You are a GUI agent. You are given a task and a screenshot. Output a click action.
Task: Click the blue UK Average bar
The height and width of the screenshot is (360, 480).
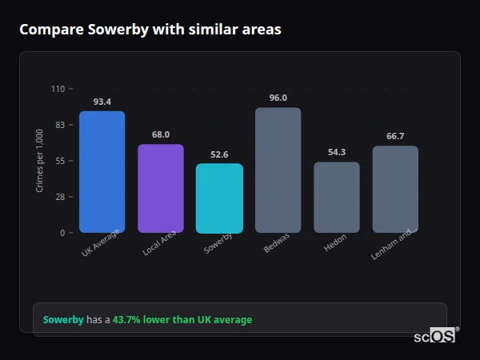coord(102,172)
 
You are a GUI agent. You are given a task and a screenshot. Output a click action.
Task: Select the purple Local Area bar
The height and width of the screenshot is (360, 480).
coord(161,189)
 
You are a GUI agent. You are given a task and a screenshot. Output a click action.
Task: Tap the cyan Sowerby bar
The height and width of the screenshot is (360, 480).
coord(219,198)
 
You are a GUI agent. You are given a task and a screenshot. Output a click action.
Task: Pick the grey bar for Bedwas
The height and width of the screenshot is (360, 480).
coord(278,170)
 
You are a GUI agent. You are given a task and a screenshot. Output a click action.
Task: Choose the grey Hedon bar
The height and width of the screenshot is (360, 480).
coord(337,198)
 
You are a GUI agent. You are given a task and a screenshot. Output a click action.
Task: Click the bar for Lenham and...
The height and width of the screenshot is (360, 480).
coord(395,190)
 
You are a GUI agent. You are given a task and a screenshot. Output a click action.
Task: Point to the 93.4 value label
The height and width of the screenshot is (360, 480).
coord(102,102)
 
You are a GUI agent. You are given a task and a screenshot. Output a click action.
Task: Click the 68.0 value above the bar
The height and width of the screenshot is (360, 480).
coord(161,135)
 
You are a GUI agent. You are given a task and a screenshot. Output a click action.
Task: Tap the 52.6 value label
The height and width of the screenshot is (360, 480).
coord(219,154)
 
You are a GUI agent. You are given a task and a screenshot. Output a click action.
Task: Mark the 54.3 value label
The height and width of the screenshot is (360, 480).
coord(337,153)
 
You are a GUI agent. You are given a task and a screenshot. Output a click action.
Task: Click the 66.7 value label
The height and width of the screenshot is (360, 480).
coord(395,137)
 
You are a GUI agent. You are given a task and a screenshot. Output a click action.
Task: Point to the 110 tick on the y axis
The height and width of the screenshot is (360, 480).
coord(58,89)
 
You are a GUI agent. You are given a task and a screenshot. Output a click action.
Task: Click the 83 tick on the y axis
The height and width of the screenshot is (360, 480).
coord(60,125)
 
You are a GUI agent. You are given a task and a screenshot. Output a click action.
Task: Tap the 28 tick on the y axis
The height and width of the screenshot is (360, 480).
coord(60,197)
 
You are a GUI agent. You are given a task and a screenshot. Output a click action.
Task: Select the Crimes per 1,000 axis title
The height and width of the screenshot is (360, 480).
coord(40,160)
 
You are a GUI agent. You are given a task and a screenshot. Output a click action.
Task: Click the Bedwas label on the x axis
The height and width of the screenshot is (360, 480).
coord(277,243)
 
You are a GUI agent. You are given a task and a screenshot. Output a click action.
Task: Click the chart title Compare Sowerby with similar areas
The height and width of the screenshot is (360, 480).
coord(150,30)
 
